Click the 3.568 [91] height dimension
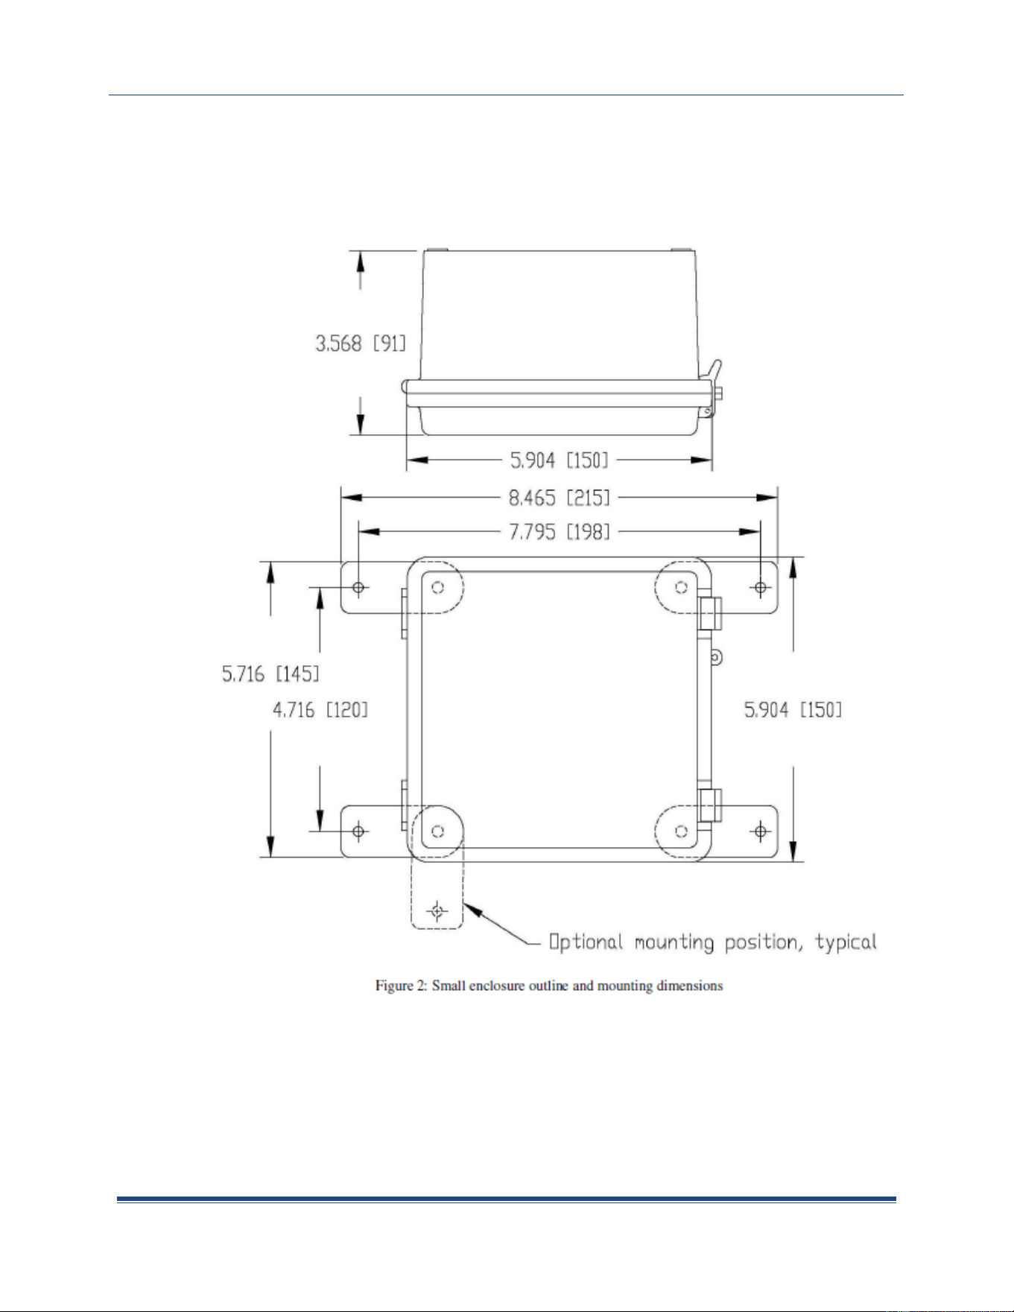click(x=361, y=343)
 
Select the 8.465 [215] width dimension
click(x=559, y=497)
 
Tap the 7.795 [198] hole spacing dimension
click(x=559, y=531)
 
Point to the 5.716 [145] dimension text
click(x=270, y=674)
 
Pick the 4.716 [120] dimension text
click(x=320, y=709)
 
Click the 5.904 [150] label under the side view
click(x=559, y=460)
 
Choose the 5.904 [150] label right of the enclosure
click(x=793, y=709)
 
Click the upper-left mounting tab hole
click(x=358, y=588)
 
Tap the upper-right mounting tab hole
click(x=760, y=588)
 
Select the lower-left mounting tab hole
click(x=358, y=831)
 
